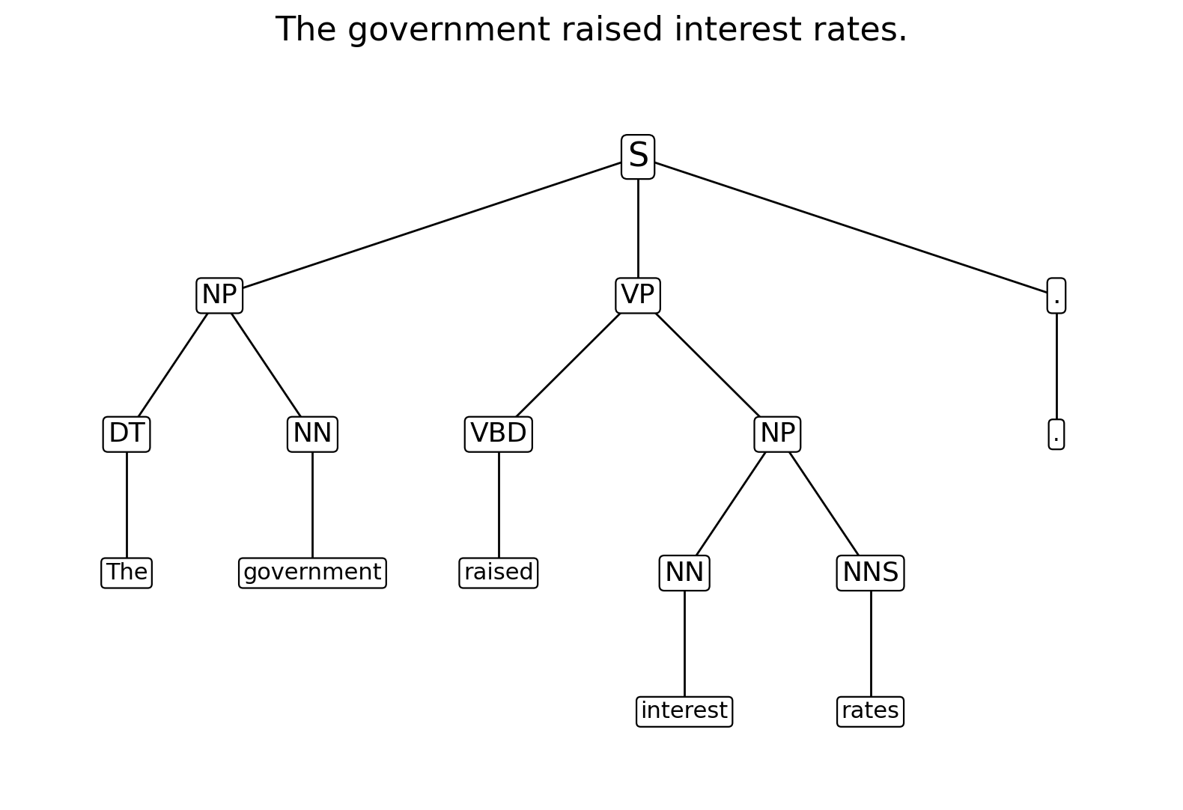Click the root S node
[638, 156]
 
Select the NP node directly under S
[219, 295]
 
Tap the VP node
[638, 295]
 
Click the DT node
[127, 434]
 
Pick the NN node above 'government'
[312, 434]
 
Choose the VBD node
[499, 434]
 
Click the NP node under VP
[777, 434]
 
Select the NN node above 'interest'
[684, 573]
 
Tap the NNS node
[870, 573]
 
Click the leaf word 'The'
[127, 573]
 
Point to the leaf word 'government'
[312, 573]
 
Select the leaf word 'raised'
[499, 573]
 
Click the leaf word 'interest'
[684, 711]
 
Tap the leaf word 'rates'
[870, 711]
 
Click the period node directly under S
[1056, 295]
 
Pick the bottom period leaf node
[1056, 434]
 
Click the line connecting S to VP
[638, 228]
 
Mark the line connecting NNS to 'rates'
[870, 644]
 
